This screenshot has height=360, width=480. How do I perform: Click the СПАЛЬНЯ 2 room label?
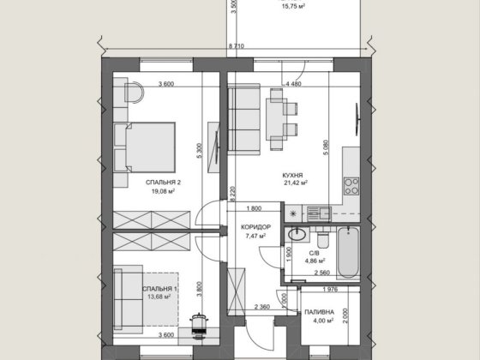click(x=163, y=183)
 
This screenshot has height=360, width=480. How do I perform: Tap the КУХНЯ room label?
click(x=292, y=176)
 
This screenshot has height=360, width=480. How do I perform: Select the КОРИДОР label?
click(x=255, y=227)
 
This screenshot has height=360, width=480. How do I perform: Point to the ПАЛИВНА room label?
click(x=319, y=312)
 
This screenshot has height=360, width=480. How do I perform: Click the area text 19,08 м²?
click(x=163, y=191)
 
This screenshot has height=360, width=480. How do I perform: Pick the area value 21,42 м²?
click(x=296, y=183)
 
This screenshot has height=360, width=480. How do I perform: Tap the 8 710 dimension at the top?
click(x=237, y=46)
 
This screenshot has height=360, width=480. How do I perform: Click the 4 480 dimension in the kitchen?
click(x=293, y=84)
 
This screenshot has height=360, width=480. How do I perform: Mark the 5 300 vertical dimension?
click(x=199, y=151)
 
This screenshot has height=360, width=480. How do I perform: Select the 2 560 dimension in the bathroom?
click(x=322, y=273)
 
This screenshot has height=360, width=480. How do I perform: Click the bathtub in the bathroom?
click(x=348, y=253)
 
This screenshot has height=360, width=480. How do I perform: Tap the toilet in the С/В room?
click(x=322, y=239)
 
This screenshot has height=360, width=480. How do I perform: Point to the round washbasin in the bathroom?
click(x=297, y=235)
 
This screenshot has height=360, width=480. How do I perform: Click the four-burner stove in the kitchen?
click(x=351, y=186)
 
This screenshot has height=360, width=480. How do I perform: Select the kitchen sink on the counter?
click(x=319, y=213)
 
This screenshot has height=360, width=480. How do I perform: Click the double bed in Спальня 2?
click(x=145, y=147)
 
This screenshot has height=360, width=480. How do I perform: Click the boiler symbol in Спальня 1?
click(x=199, y=326)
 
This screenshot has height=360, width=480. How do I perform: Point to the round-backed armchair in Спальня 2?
click(x=134, y=93)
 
